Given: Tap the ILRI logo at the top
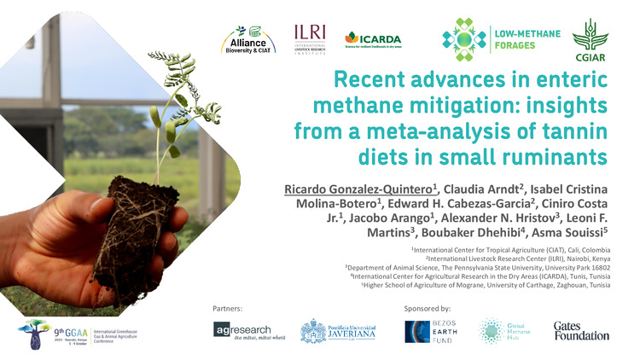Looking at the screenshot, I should [x=310, y=39].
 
